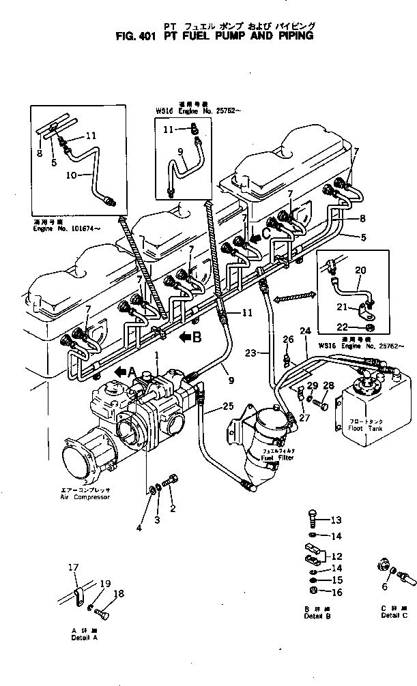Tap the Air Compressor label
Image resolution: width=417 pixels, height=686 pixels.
pyautogui.click(x=85, y=494)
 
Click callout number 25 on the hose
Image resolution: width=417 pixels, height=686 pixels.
pyautogui.click(x=228, y=407)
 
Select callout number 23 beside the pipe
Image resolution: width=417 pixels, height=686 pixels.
pyautogui.click(x=252, y=353)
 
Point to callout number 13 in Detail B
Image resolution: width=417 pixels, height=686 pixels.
pyautogui.click(x=335, y=520)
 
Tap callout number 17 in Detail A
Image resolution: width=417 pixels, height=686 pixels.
pyautogui.click(x=73, y=567)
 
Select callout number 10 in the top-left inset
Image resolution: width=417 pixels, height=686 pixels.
pyautogui.click(x=70, y=175)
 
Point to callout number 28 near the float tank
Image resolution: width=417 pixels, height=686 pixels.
pyautogui.click(x=328, y=386)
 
